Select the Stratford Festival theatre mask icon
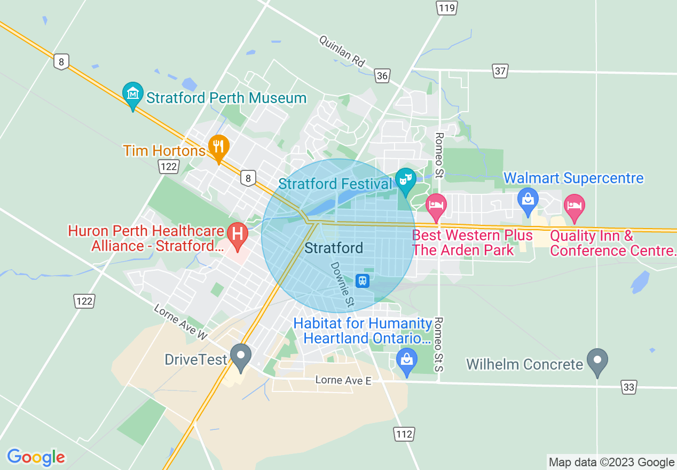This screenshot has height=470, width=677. tap(406, 180)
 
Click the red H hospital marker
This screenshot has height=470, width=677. tap(237, 234)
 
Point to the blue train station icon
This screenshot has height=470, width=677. tap(363, 280)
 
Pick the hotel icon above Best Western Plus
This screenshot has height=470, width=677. tap(436, 206)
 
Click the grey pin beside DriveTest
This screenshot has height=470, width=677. tap(240, 356)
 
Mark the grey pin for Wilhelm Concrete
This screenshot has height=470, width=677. tap(597, 361)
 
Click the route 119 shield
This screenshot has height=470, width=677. tap(446, 7)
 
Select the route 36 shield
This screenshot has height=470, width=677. tap(382, 76)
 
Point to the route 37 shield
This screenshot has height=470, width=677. tap(500, 70)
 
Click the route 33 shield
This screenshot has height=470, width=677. tap(629, 387)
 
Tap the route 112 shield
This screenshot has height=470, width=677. tap(404, 434)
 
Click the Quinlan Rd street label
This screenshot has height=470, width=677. tap(342, 51)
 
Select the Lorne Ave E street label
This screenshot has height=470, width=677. tap(343, 380)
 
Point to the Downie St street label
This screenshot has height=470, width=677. tap(342, 285)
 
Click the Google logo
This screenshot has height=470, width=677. tap(36, 457)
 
